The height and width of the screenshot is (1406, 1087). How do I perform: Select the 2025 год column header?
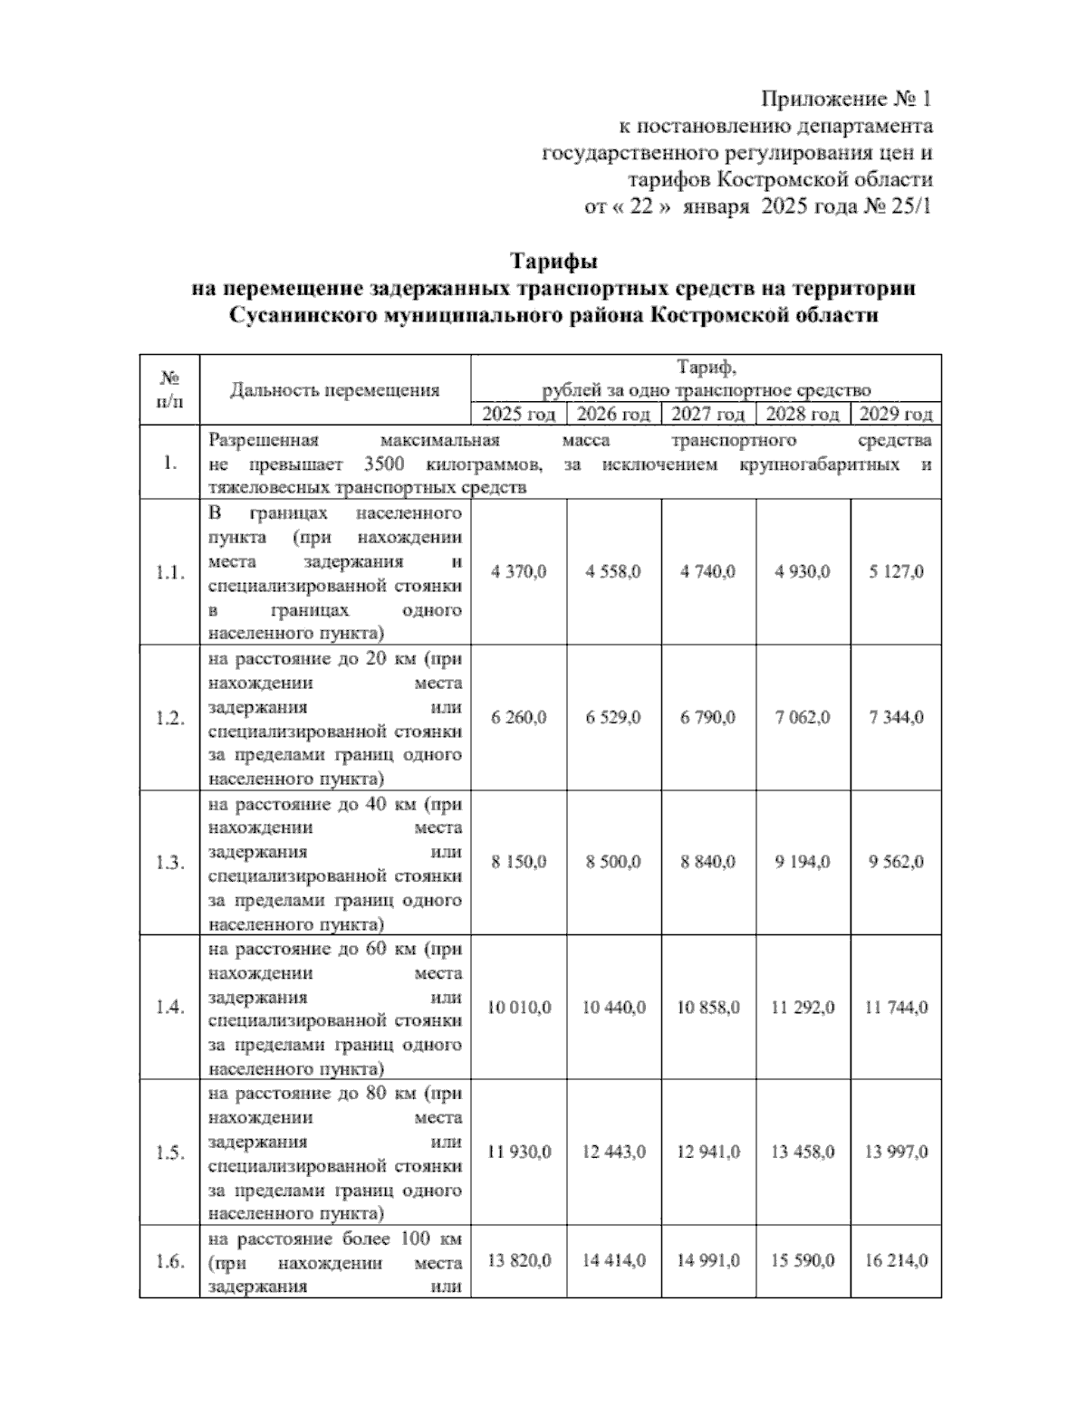[x=518, y=415]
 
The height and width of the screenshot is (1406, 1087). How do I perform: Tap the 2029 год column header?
[x=895, y=415]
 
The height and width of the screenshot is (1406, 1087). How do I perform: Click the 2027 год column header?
[x=707, y=415]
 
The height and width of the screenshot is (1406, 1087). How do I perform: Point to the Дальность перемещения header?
[x=334, y=390]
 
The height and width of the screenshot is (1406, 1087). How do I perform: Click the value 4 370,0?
[x=518, y=572]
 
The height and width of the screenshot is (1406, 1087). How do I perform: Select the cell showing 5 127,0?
[x=896, y=572]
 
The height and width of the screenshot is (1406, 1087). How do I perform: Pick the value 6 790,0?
[x=707, y=718]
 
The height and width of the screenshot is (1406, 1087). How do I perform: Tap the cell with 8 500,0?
[x=613, y=863]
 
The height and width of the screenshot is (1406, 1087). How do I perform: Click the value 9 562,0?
[x=896, y=863]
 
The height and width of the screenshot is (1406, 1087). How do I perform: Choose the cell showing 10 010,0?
[x=519, y=1008]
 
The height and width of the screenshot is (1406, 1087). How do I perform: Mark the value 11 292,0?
[x=803, y=1008]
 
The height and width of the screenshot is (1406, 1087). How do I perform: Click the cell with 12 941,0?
[x=707, y=1153]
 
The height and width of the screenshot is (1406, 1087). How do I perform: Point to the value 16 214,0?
[x=896, y=1261]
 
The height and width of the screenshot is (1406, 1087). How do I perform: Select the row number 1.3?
[x=168, y=863]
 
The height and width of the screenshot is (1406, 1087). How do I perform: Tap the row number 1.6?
[x=168, y=1261]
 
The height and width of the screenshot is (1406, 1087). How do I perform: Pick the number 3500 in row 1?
[x=390, y=465]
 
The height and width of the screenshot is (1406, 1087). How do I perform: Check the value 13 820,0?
[x=519, y=1261]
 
